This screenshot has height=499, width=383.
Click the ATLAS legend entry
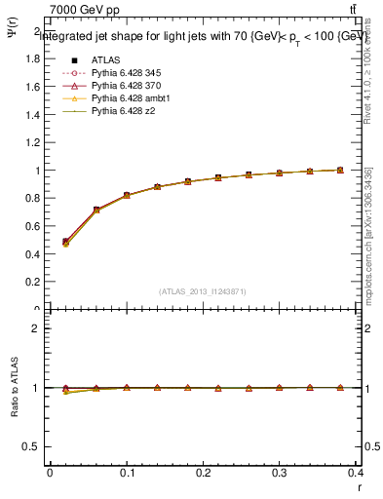coord(104,58)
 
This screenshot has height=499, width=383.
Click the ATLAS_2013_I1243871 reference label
coord(203,291)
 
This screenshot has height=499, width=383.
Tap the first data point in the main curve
coord(65,242)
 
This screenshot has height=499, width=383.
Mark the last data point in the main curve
coord(340,170)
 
